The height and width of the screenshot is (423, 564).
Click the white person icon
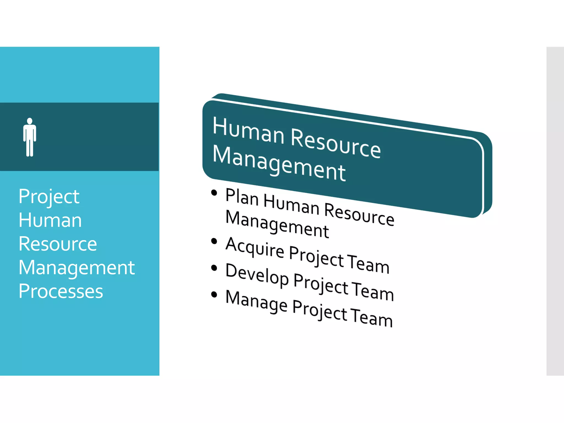click(x=30, y=138)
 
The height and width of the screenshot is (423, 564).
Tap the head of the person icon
click(x=30, y=121)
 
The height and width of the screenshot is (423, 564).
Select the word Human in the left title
click(x=50, y=221)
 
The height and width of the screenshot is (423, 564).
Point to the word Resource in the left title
click(x=58, y=244)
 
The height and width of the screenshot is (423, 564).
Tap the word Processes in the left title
click(x=61, y=291)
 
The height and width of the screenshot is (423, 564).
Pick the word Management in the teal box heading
click(x=279, y=164)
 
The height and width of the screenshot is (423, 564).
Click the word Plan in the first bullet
click(x=242, y=197)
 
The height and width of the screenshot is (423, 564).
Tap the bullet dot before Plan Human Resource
click(x=214, y=192)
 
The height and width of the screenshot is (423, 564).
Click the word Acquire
click(x=255, y=247)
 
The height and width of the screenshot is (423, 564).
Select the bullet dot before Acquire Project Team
click(x=214, y=241)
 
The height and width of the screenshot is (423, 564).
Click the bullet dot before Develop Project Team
click(x=214, y=268)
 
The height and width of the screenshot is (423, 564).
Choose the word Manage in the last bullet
click(x=256, y=301)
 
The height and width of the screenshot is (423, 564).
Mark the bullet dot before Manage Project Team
click(x=214, y=294)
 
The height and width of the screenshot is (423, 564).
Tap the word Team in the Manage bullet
click(x=372, y=317)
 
